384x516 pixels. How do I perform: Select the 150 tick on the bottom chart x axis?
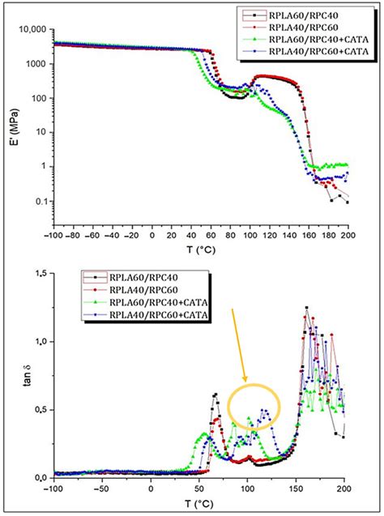297,490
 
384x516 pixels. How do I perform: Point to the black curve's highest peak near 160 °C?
306,308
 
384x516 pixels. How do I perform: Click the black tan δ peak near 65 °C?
215,394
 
